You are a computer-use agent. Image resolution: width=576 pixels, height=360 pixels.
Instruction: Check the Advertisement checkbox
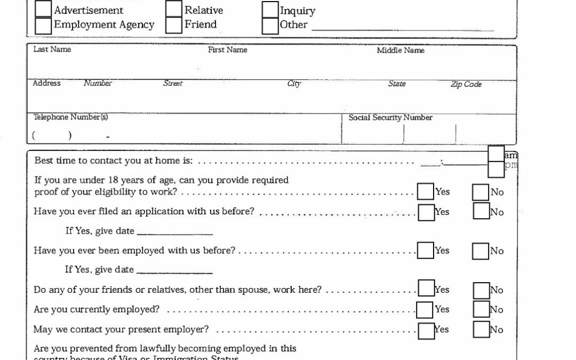pos(43,9)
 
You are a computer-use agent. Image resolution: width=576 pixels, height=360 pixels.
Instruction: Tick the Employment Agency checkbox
pos(43,25)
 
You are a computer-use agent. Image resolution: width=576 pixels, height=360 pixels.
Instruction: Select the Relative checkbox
pos(174,9)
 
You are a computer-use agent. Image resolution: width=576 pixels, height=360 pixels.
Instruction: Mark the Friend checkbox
pos(174,25)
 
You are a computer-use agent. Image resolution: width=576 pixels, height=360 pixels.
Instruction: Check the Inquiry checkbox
pos(270,10)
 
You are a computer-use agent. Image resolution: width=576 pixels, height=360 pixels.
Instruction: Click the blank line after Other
pos(403,28)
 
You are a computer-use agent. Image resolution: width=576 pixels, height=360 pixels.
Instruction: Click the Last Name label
pos(52,50)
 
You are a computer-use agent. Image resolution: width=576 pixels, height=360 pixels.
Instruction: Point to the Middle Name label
pos(401,51)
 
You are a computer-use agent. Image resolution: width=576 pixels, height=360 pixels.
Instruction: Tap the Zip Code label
pos(466,84)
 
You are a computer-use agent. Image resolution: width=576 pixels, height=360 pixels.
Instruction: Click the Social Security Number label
pos(390,117)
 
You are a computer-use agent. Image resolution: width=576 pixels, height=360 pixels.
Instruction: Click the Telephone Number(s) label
pos(71,117)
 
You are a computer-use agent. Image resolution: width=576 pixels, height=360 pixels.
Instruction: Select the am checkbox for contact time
pos(496,154)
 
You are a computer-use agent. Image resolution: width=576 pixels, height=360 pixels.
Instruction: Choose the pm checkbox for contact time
pos(496,169)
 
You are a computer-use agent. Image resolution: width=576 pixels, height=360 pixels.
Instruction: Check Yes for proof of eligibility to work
pos(426,192)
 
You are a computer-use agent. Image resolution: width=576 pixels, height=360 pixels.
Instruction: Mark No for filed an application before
pos(481,211)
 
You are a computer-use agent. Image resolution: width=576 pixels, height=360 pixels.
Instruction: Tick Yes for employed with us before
pos(426,251)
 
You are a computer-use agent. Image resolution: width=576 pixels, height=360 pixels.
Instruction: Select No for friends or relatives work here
pos(482,290)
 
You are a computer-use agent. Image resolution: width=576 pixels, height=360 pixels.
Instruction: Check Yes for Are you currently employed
pos(425,310)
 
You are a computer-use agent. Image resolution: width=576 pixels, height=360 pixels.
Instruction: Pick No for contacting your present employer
pos(481,330)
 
